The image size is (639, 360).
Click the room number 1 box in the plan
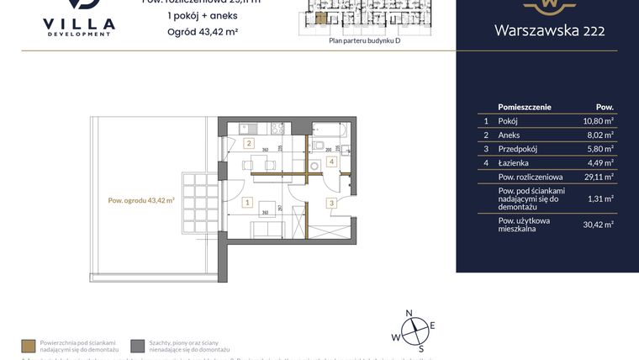[x=247, y=203]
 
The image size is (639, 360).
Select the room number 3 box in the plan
[x=331, y=203]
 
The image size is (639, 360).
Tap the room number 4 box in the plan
[x=331, y=161]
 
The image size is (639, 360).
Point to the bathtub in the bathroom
[x=330, y=132]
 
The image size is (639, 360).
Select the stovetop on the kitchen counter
[x=274, y=130]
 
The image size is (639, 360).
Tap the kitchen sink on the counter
[x=241, y=130]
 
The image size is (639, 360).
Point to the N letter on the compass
[x=409, y=313]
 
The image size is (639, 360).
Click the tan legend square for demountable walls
[x=29, y=345]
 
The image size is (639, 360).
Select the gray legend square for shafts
[x=138, y=345]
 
